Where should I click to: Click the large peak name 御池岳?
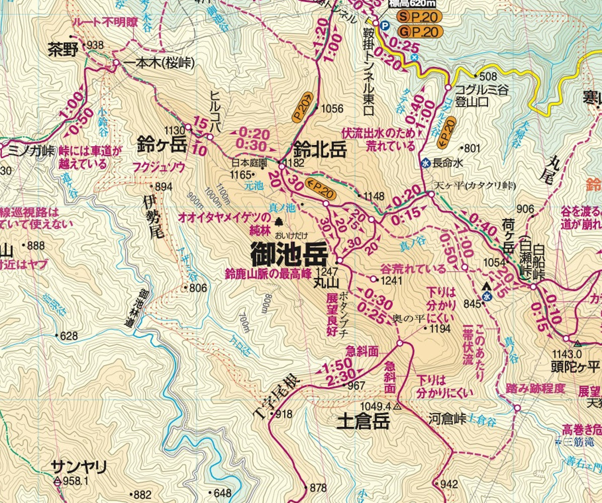click(289, 256)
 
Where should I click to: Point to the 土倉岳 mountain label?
click(363, 422)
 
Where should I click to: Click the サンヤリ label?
click(79, 467)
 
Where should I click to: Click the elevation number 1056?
click(332, 109)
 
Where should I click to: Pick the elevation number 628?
click(69, 336)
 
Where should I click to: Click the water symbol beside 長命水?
click(425, 163)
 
